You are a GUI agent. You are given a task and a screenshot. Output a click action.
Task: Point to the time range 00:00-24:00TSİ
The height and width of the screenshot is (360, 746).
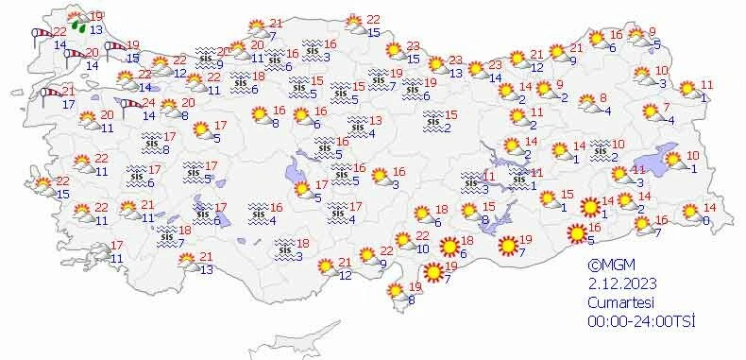(640, 321)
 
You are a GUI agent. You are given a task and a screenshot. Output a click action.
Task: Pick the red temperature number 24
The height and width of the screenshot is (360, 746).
(147, 102)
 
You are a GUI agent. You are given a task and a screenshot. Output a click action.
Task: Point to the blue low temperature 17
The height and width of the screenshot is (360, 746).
(68, 104)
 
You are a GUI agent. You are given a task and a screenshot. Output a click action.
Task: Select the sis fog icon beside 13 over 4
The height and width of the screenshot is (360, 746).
(356, 123)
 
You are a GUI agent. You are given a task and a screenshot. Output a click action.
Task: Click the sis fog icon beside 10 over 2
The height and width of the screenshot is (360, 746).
(597, 147)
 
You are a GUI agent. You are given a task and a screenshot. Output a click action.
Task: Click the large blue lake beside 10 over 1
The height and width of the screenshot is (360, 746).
(654, 163)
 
